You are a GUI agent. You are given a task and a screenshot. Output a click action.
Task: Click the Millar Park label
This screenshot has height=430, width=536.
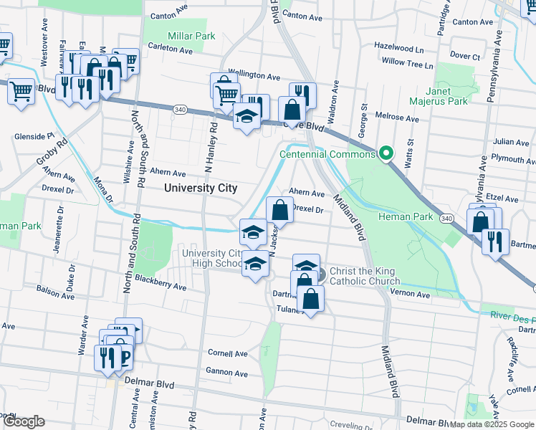191,36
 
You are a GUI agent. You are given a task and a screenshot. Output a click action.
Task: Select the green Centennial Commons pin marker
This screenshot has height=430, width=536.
386,153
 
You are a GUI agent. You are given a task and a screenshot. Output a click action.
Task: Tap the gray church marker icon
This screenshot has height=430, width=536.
320,274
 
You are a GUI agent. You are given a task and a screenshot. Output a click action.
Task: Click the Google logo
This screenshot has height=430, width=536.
24,421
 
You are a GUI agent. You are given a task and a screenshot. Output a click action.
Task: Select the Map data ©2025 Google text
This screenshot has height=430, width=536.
492,424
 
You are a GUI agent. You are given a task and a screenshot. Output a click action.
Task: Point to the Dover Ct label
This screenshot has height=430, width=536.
464,56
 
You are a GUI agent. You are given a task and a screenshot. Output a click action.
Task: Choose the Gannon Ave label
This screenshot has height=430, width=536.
227,373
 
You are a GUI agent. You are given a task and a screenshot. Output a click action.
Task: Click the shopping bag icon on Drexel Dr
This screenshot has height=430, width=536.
279,210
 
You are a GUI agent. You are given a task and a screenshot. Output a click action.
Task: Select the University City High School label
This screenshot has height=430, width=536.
213,259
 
